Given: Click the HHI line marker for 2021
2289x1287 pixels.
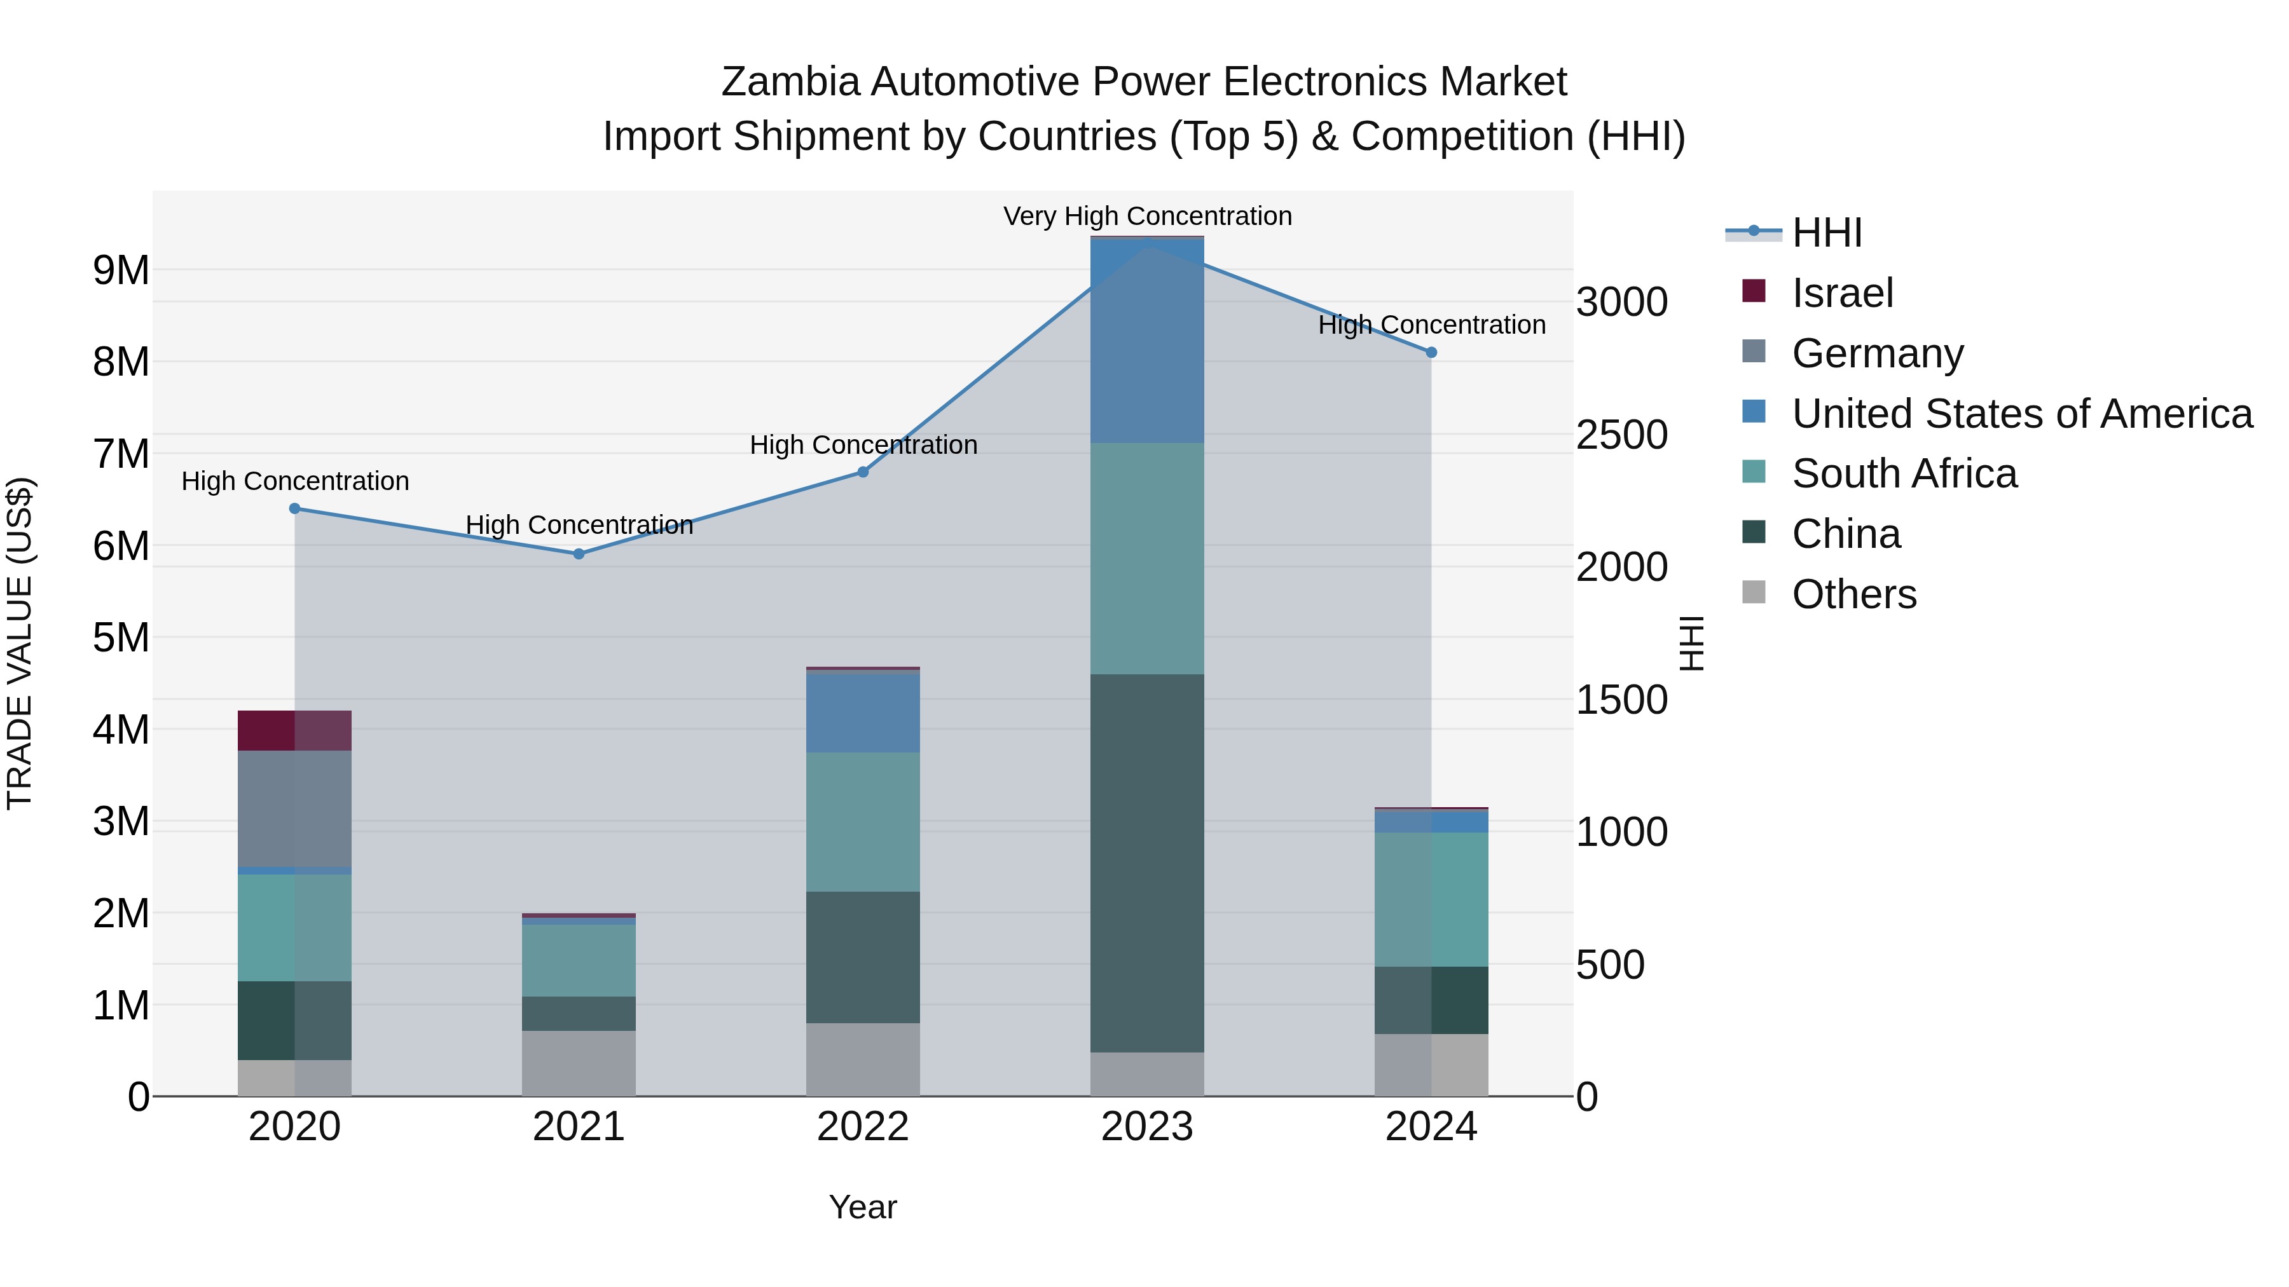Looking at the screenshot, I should pos(579,554).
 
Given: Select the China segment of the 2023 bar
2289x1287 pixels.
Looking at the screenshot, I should pos(1146,862).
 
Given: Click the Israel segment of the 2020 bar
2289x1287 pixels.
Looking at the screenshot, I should pos(294,730).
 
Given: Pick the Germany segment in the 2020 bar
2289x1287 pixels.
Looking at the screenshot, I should pos(294,808).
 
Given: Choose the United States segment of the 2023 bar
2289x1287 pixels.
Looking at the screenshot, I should pos(1146,341).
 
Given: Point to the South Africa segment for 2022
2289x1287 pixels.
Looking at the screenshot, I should pos(862,822).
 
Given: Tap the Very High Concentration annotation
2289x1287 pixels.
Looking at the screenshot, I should pos(1147,216).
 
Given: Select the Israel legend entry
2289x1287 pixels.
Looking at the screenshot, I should pos(1842,293).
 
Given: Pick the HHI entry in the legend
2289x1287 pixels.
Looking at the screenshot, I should pos(1826,233).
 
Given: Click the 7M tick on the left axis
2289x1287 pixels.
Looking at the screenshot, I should pos(121,454).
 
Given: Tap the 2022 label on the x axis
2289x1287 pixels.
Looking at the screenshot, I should pos(862,1127).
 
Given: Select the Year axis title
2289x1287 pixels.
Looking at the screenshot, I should pos(862,1207).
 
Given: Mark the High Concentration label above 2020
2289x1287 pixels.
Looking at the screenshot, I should pos(295,481).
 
